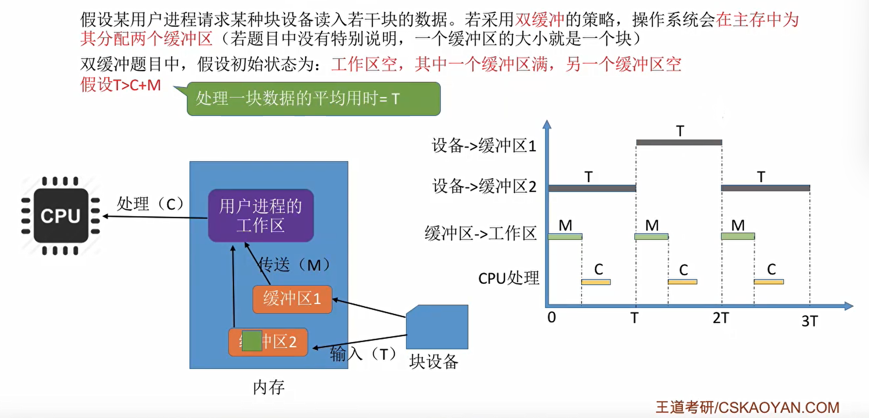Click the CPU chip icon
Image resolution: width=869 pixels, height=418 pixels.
click(61, 216)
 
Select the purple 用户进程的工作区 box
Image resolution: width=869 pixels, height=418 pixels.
click(261, 216)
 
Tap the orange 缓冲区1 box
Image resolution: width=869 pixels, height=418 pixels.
click(292, 299)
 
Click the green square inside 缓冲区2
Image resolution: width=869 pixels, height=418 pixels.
click(252, 341)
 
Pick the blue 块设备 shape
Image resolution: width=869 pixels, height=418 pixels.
click(437, 327)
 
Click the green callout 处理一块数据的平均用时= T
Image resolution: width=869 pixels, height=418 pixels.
click(313, 99)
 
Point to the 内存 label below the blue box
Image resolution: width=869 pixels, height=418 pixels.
click(268, 387)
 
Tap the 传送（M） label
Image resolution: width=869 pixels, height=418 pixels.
click(295, 265)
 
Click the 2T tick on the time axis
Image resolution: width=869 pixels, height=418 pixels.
click(721, 318)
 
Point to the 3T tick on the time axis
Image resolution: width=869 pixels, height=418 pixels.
click(809, 321)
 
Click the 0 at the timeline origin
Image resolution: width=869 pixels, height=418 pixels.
click(552, 317)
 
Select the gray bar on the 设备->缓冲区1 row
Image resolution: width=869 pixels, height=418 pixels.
click(679, 142)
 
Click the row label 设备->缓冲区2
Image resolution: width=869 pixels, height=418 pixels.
click(484, 187)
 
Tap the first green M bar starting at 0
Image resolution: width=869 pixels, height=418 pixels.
click(565, 236)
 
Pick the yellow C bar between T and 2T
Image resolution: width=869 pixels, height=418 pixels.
click(682, 282)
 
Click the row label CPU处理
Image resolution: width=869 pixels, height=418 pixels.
click(509, 278)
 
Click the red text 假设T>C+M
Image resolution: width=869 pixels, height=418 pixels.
click(120, 85)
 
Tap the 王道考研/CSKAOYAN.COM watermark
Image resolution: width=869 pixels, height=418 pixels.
click(747, 408)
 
